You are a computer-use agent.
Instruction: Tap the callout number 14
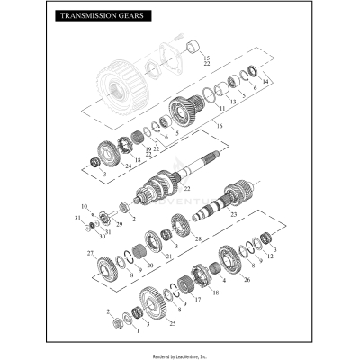tap(265, 81)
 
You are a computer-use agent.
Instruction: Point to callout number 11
tap(221, 107)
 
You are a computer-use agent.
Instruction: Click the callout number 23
tap(234, 216)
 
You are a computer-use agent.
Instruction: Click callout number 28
tap(199, 239)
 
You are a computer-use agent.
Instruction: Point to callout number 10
tap(84, 206)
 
